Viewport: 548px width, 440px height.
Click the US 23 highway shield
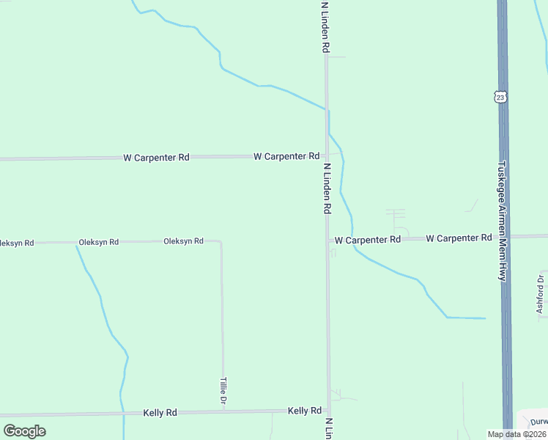pos(500,98)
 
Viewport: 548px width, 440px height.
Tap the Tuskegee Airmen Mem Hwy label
pos(503,221)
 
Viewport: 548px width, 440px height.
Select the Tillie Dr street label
pos(223,392)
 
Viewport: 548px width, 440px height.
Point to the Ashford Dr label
pos(541,293)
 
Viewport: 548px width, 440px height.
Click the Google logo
pos(24,431)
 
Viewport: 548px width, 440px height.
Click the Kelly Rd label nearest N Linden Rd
pos(305,411)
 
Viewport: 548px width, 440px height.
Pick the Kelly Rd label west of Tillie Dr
pos(160,413)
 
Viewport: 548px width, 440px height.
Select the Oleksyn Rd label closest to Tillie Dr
pos(183,241)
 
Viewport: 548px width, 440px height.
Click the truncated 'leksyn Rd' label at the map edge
pos(17,242)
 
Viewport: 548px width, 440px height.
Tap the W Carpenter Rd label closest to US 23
pos(459,238)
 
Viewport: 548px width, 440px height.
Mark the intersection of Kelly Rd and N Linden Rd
pos(328,411)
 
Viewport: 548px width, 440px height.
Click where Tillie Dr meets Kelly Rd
pos(223,412)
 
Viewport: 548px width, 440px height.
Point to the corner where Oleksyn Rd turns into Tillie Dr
pos(221,241)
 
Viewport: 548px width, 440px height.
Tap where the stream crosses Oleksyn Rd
pos(76,242)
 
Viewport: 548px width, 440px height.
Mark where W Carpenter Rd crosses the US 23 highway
pos(503,237)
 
